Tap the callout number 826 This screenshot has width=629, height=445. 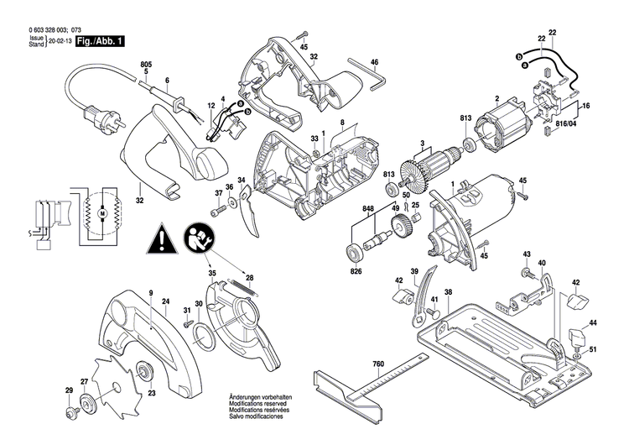(x=356, y=270)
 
